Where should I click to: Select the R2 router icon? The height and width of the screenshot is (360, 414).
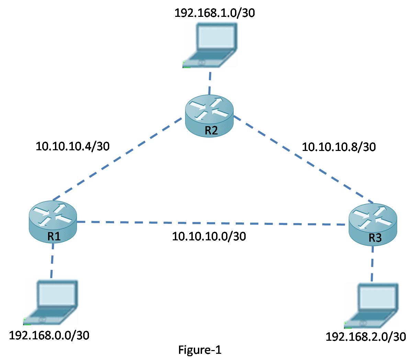[x=209, y=115]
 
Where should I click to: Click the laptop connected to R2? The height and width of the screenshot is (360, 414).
[x=210, y=44]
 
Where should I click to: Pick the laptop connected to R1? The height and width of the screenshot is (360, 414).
[x=51, y=302]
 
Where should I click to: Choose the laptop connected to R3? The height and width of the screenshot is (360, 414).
[x=371, y=305]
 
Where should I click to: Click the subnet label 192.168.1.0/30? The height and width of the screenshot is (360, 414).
[x=215, y=13]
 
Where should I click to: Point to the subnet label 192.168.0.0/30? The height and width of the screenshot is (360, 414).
[x=49, y=335]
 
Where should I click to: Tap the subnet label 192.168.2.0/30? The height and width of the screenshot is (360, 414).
[x=366, y=337]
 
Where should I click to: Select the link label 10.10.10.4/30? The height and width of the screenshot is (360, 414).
[x=72, y=146]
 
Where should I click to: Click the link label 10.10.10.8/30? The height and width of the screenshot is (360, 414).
[x=339, y=147]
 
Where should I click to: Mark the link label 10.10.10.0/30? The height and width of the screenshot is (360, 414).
[x=209, y=236]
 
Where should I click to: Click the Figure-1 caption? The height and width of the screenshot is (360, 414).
[x=200, y=350]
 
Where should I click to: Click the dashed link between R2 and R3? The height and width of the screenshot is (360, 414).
[x=302, y=160]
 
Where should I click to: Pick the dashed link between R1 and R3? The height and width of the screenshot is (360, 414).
[x=210, y=223]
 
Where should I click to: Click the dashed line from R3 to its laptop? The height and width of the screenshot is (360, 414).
[x=372, y=263]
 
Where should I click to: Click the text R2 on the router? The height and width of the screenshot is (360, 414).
[x=211, y=131]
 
